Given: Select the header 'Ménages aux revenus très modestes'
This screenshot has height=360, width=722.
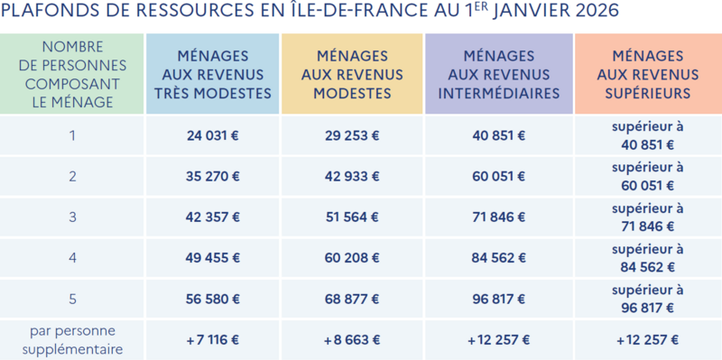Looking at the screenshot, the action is [213, 75].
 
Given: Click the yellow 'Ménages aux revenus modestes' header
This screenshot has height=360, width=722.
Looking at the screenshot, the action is [352, 75].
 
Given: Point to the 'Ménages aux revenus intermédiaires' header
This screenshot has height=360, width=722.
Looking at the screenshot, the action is [499, 75].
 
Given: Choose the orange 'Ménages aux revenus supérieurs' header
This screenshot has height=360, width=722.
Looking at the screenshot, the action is [648, 75].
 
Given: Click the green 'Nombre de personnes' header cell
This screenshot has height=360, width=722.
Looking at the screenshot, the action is [73, 74].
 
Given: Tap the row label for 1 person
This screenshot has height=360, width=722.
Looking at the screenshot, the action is [72, 136].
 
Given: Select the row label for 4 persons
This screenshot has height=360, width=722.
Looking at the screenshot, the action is [72, 258].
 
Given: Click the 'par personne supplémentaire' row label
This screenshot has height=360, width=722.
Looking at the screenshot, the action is [73, 340].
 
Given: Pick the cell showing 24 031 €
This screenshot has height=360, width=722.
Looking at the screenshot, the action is [213, 136].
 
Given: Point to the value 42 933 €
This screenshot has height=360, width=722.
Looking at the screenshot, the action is [352, 176].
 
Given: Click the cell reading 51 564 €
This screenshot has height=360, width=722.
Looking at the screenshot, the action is [352, 217].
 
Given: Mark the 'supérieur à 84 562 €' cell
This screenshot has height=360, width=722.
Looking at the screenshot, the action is [648, 258].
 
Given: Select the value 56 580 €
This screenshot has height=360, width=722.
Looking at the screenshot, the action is [213, 299].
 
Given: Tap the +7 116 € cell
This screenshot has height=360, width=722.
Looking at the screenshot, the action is [213, 340].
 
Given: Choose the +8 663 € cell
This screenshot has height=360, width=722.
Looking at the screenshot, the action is [352, 340].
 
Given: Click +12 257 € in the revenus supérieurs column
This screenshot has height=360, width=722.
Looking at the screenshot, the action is [648, 340].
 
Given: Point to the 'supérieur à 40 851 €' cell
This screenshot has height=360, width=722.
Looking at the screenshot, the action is [648, 136].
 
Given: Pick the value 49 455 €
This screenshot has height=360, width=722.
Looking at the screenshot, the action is [213, 258].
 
